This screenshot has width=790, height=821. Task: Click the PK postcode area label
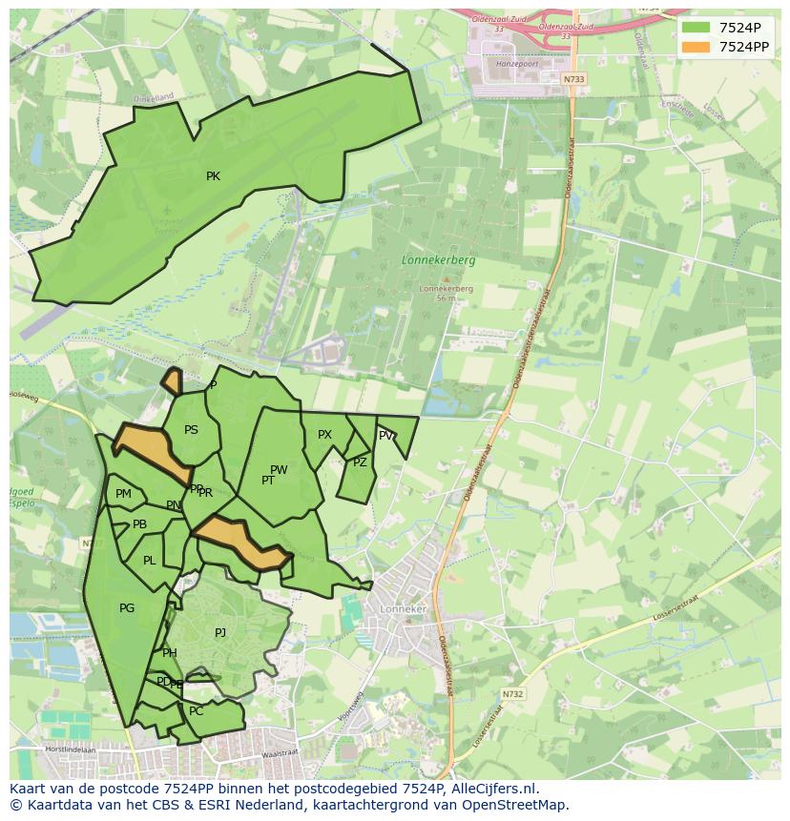pos(213,176)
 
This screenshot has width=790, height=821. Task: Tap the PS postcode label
pos(191,430)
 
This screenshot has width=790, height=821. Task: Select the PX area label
pos(324,435)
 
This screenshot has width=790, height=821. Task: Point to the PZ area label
pos(360,462)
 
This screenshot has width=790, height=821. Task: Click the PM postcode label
pos(123,494)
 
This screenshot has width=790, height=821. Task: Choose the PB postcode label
pos(139,524)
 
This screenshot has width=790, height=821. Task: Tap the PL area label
pos(149,561)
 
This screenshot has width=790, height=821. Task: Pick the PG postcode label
pos(127,608)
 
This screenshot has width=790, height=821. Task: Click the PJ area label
pos(220,632)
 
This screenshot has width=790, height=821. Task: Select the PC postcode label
pos(197,711)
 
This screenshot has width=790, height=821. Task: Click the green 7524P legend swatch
pos(696,28)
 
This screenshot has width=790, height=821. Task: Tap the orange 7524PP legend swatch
pos(696,47)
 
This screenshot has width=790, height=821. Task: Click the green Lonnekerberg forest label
pos(438,259)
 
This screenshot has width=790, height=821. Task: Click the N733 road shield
pos(572,79)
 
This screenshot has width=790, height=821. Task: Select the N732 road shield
pos(512,694)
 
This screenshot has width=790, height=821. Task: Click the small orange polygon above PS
pos(173,381)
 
